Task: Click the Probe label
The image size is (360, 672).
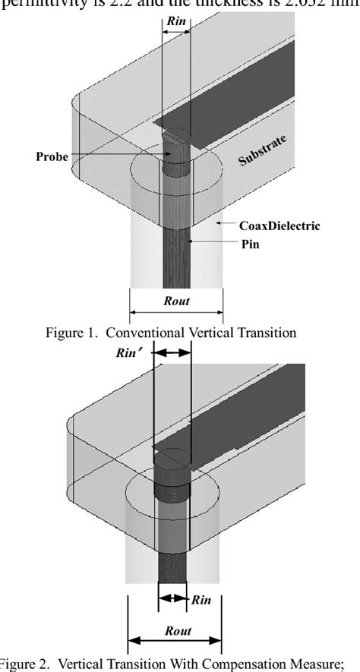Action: point(52,156)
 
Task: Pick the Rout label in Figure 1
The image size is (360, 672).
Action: point(176,300)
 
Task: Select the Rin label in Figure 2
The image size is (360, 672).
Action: point(201,599)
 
